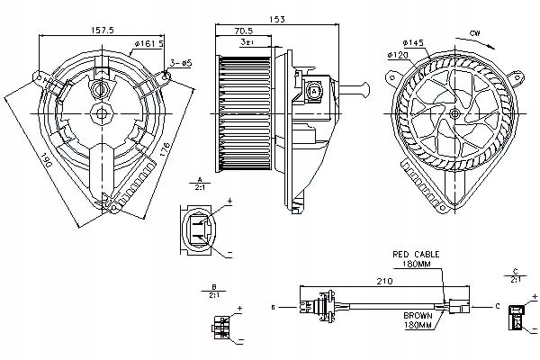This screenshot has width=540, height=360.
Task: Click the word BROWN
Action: pyautogui.click(x=417, y=315)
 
